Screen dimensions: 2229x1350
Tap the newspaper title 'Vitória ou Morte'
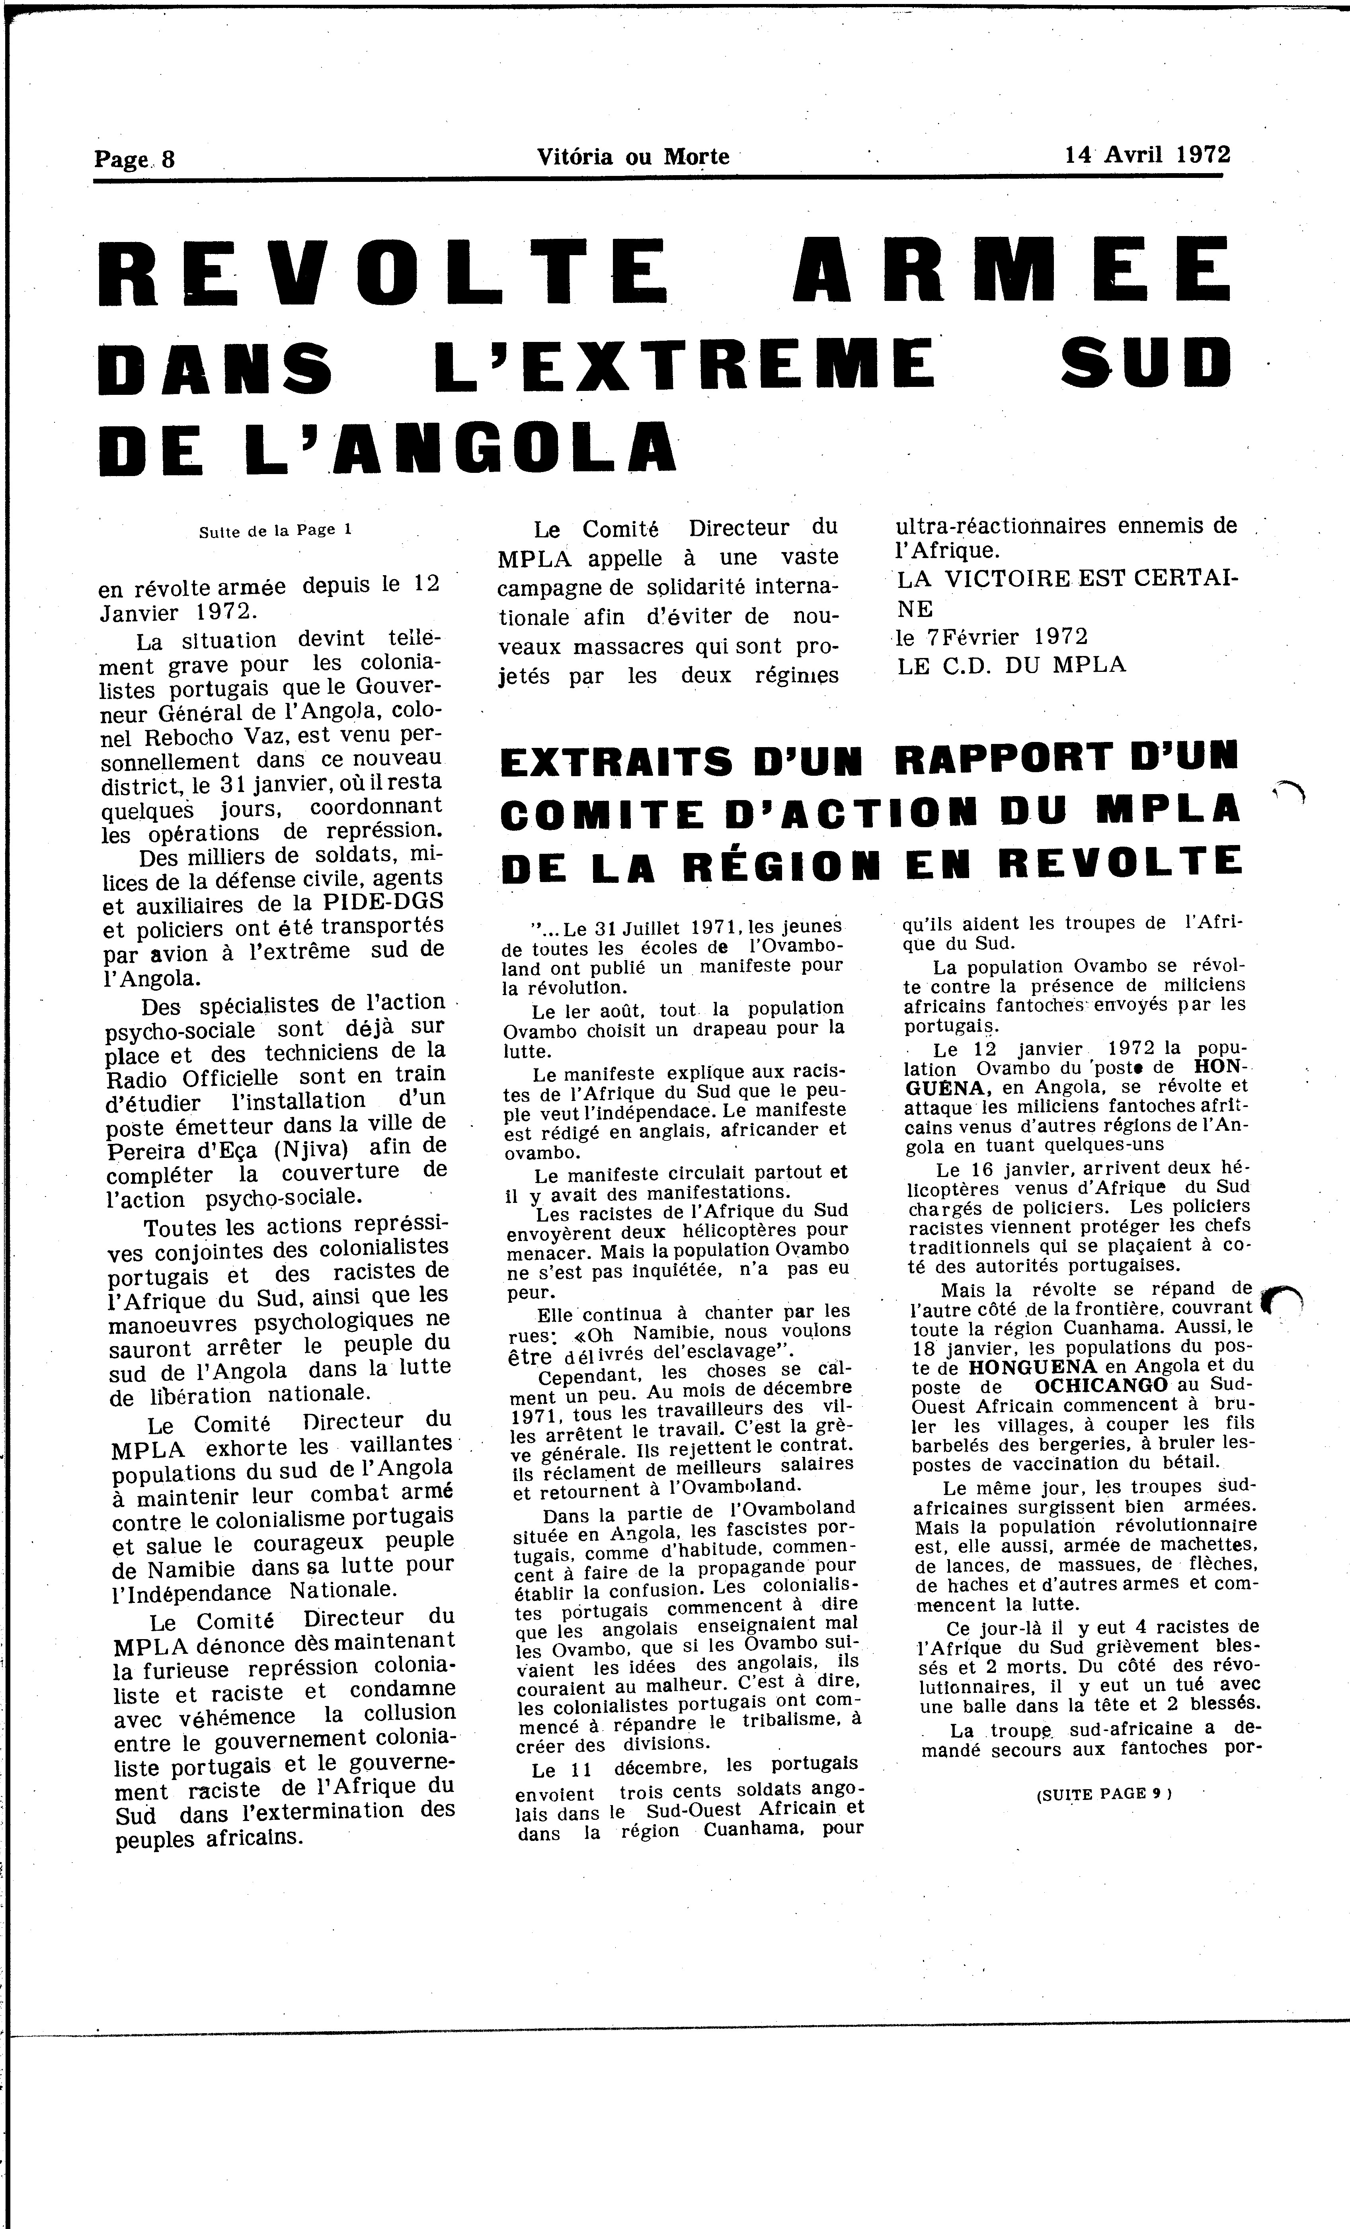pyautogui.click(x=632, y=156)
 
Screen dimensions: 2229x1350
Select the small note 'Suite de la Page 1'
pyautogui.click(x=275, y=531)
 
